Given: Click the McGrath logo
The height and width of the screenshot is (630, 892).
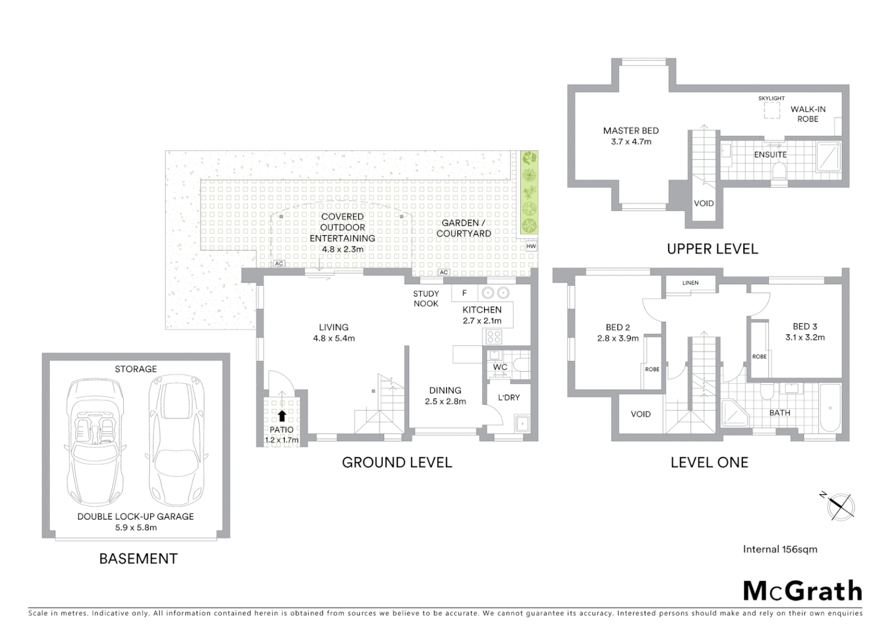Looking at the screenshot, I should pyautogui.click(x=803, y=591).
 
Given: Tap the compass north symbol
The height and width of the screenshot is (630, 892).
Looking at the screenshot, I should pyautogui.click(x=841, y=506).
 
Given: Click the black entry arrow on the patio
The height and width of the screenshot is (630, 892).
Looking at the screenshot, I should pyautogui.click(x=283, y=415).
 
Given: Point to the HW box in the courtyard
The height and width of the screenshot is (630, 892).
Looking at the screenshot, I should pyautogui.click(x=531, y=246).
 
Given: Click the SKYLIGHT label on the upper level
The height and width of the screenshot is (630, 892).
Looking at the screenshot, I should pyautogui.click(x=771, y=99).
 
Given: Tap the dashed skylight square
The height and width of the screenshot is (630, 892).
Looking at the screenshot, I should pyautogui.click(x=772, y=111).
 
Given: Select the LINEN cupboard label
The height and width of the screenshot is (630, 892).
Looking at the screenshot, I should pyautogui.click(x=690, y=283).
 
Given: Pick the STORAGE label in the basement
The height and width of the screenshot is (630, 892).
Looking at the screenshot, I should pyautogui.click(x=135, y=369).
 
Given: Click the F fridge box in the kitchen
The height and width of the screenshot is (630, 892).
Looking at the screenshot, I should pyautogui.click(x=465, y=293).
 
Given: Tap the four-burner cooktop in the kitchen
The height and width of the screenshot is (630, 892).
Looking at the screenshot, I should pyautogui.click(x=493, y=336).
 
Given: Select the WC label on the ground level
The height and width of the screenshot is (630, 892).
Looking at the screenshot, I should pyautogui.click(x=500, y=367).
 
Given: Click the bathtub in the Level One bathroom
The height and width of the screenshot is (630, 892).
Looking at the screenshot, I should pyautogui.click(x=830, y=408).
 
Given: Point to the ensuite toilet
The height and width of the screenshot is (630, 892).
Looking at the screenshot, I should pyautogui.click(x=778, y=171).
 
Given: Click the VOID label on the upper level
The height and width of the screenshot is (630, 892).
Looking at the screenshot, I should pyautogui.click(x=703, y=204).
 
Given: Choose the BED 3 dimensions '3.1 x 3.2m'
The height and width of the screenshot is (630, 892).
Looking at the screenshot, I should pyautogui.click(x=805, y=337).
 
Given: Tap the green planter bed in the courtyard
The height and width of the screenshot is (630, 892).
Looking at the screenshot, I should pyautogui.click(x=529, y=192).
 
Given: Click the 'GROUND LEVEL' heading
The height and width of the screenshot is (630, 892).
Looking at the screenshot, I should pyautogui.click(x=397, y=463).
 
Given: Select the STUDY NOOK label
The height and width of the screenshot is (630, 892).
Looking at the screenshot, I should pyautogui.click(x=426, y=299).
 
